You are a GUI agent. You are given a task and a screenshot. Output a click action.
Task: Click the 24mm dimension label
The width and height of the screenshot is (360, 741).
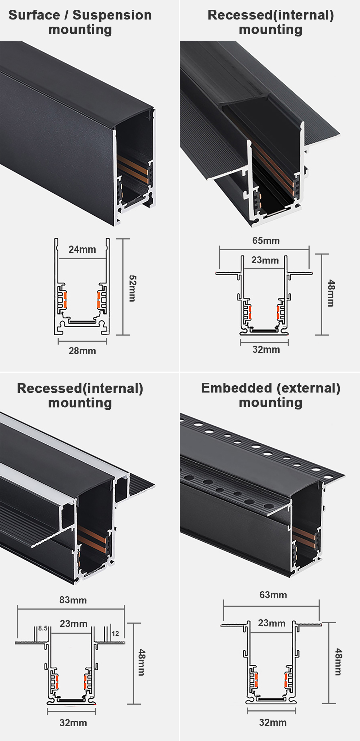[x=82, y=249]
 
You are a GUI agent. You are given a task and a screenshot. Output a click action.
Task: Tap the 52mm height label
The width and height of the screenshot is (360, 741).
[x=132, y=288]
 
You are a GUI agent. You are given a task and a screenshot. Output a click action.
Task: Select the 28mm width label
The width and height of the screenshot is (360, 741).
[x=82, y=351]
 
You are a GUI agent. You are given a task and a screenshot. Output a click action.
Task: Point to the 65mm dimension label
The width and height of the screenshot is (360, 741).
[x=266, y=241]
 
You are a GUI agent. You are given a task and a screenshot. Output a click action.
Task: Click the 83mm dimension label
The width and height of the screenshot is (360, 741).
[x=73, y=600]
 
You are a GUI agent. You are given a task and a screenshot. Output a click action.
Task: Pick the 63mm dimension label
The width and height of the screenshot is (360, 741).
[x=273, y=594]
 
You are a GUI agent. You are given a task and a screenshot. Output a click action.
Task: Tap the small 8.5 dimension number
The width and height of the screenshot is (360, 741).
[x=43, y=628]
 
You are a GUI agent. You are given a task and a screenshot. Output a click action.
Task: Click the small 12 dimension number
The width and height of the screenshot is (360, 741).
[x=115, y=633]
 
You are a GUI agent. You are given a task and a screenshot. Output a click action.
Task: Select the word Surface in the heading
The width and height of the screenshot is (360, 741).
[x=34, y=15]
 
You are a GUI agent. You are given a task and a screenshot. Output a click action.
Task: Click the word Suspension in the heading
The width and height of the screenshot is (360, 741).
[x=112, y=15]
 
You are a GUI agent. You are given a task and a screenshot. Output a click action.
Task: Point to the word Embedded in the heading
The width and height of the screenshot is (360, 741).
[x=237, y=388]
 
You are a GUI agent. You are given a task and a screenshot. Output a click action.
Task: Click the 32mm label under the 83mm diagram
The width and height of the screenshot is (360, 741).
[x=73, y=723]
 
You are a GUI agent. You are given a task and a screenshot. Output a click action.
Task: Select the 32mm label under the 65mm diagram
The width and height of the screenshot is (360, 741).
[x=266, y=349]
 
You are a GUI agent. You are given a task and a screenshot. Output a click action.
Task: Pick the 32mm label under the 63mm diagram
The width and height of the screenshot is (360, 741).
[x=273, y=722]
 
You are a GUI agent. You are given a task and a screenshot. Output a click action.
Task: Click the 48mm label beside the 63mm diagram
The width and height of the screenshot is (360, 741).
[x=338, y=662]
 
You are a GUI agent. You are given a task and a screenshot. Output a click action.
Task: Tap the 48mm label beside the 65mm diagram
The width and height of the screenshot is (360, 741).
[x=331, y=293]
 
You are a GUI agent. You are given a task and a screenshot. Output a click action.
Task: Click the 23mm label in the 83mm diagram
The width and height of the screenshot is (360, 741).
[x=73, y=624]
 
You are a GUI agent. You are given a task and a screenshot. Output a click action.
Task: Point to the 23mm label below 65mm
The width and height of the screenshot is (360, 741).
[x=265, y=260]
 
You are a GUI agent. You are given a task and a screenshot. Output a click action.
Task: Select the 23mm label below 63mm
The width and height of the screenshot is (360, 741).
[x=271, y=623]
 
